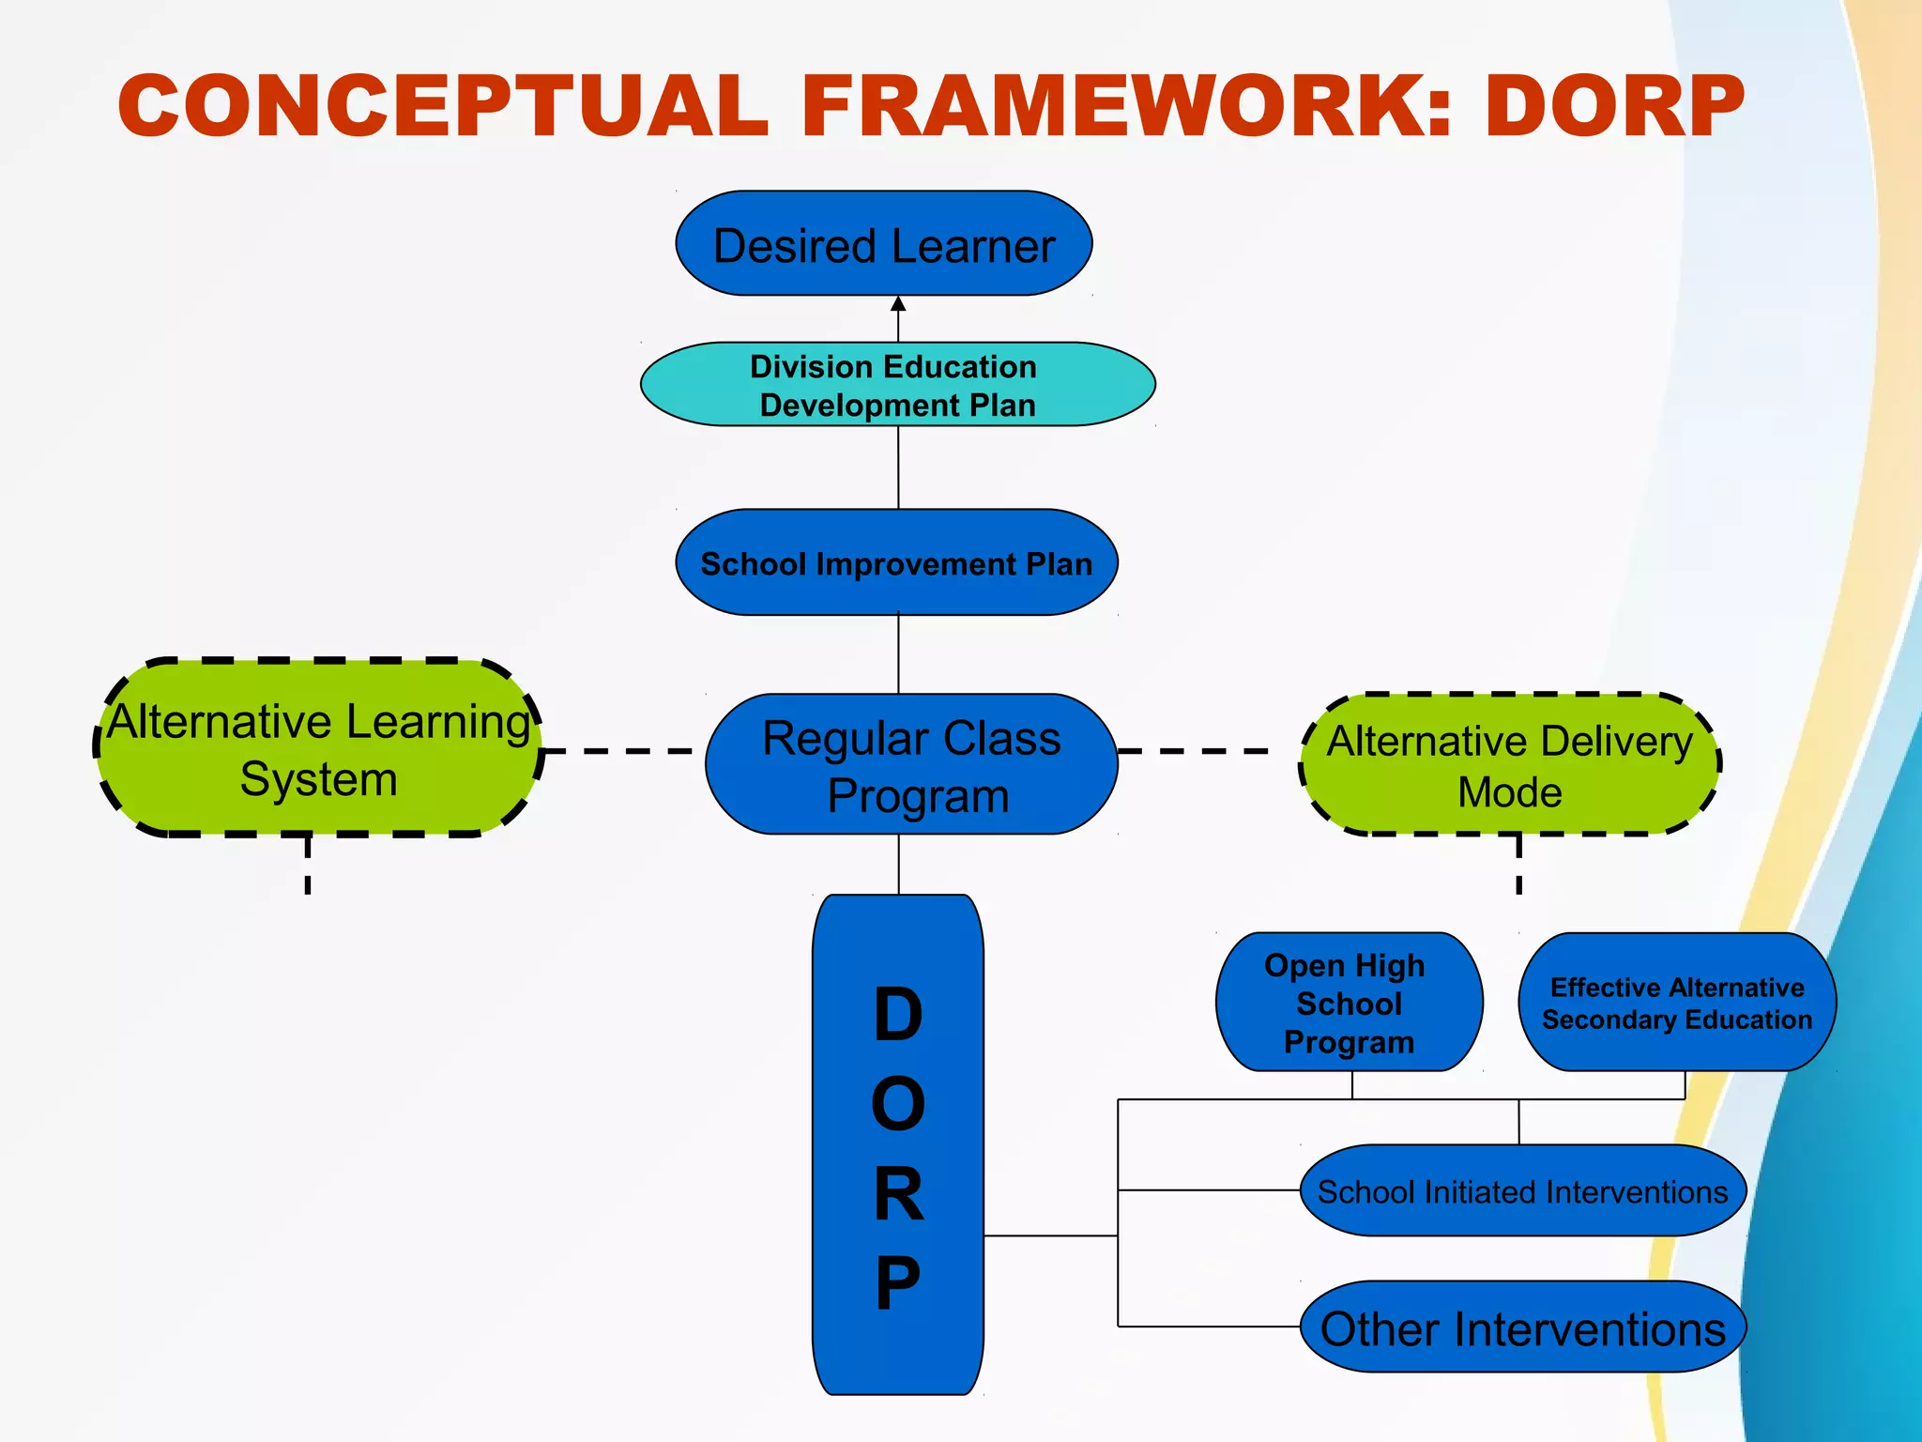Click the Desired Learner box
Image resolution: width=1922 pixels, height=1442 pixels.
tap(883, 244)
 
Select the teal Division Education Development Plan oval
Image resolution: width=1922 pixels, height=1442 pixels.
tap(897, 385)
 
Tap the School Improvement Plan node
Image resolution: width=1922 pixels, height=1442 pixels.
tap(896, 563)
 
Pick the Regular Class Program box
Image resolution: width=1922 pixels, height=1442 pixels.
tap(911, 765)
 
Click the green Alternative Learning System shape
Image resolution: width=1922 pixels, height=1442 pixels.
tap(319, 749)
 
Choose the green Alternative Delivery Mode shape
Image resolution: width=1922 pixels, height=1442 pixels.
tap(1509, 765)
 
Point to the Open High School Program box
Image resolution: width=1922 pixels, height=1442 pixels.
tap(1349, 1003)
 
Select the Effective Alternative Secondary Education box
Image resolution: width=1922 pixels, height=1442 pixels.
tap(1677, 1003)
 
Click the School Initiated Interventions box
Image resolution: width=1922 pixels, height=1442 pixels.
tap(1522, 1190)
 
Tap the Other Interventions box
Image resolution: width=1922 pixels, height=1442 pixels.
tap(1522, 1327)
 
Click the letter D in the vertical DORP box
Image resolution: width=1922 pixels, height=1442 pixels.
tap(898, 1015)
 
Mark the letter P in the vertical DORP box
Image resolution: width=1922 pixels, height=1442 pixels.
tap(898, 1282)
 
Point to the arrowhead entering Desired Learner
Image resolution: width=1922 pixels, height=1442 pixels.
tap(898, 304)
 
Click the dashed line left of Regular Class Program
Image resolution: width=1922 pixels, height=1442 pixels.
tap(619, 751)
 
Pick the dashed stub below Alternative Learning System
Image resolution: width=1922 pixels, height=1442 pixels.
tap(308, 866)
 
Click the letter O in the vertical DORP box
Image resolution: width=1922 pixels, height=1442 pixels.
tap(898, 1104)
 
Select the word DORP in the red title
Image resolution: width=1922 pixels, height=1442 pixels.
tap(1614, 105)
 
